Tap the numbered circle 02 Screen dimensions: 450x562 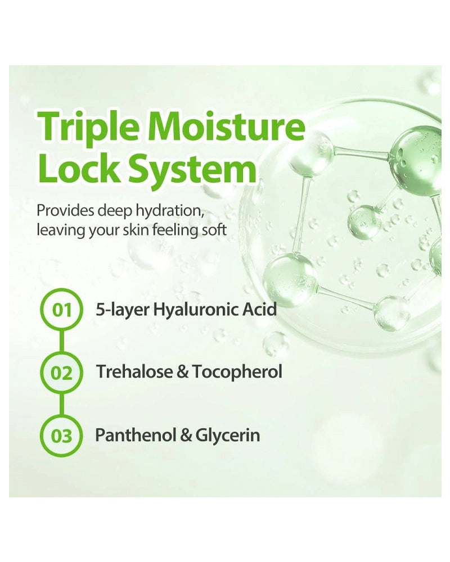coord(62,373)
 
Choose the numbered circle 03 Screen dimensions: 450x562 coord(62,436)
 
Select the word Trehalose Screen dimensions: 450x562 coord(135,372)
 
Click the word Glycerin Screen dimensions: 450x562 coord(227,437)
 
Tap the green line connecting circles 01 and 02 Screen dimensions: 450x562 coord(62,342)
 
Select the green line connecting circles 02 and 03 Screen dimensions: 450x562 coord(62,405)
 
